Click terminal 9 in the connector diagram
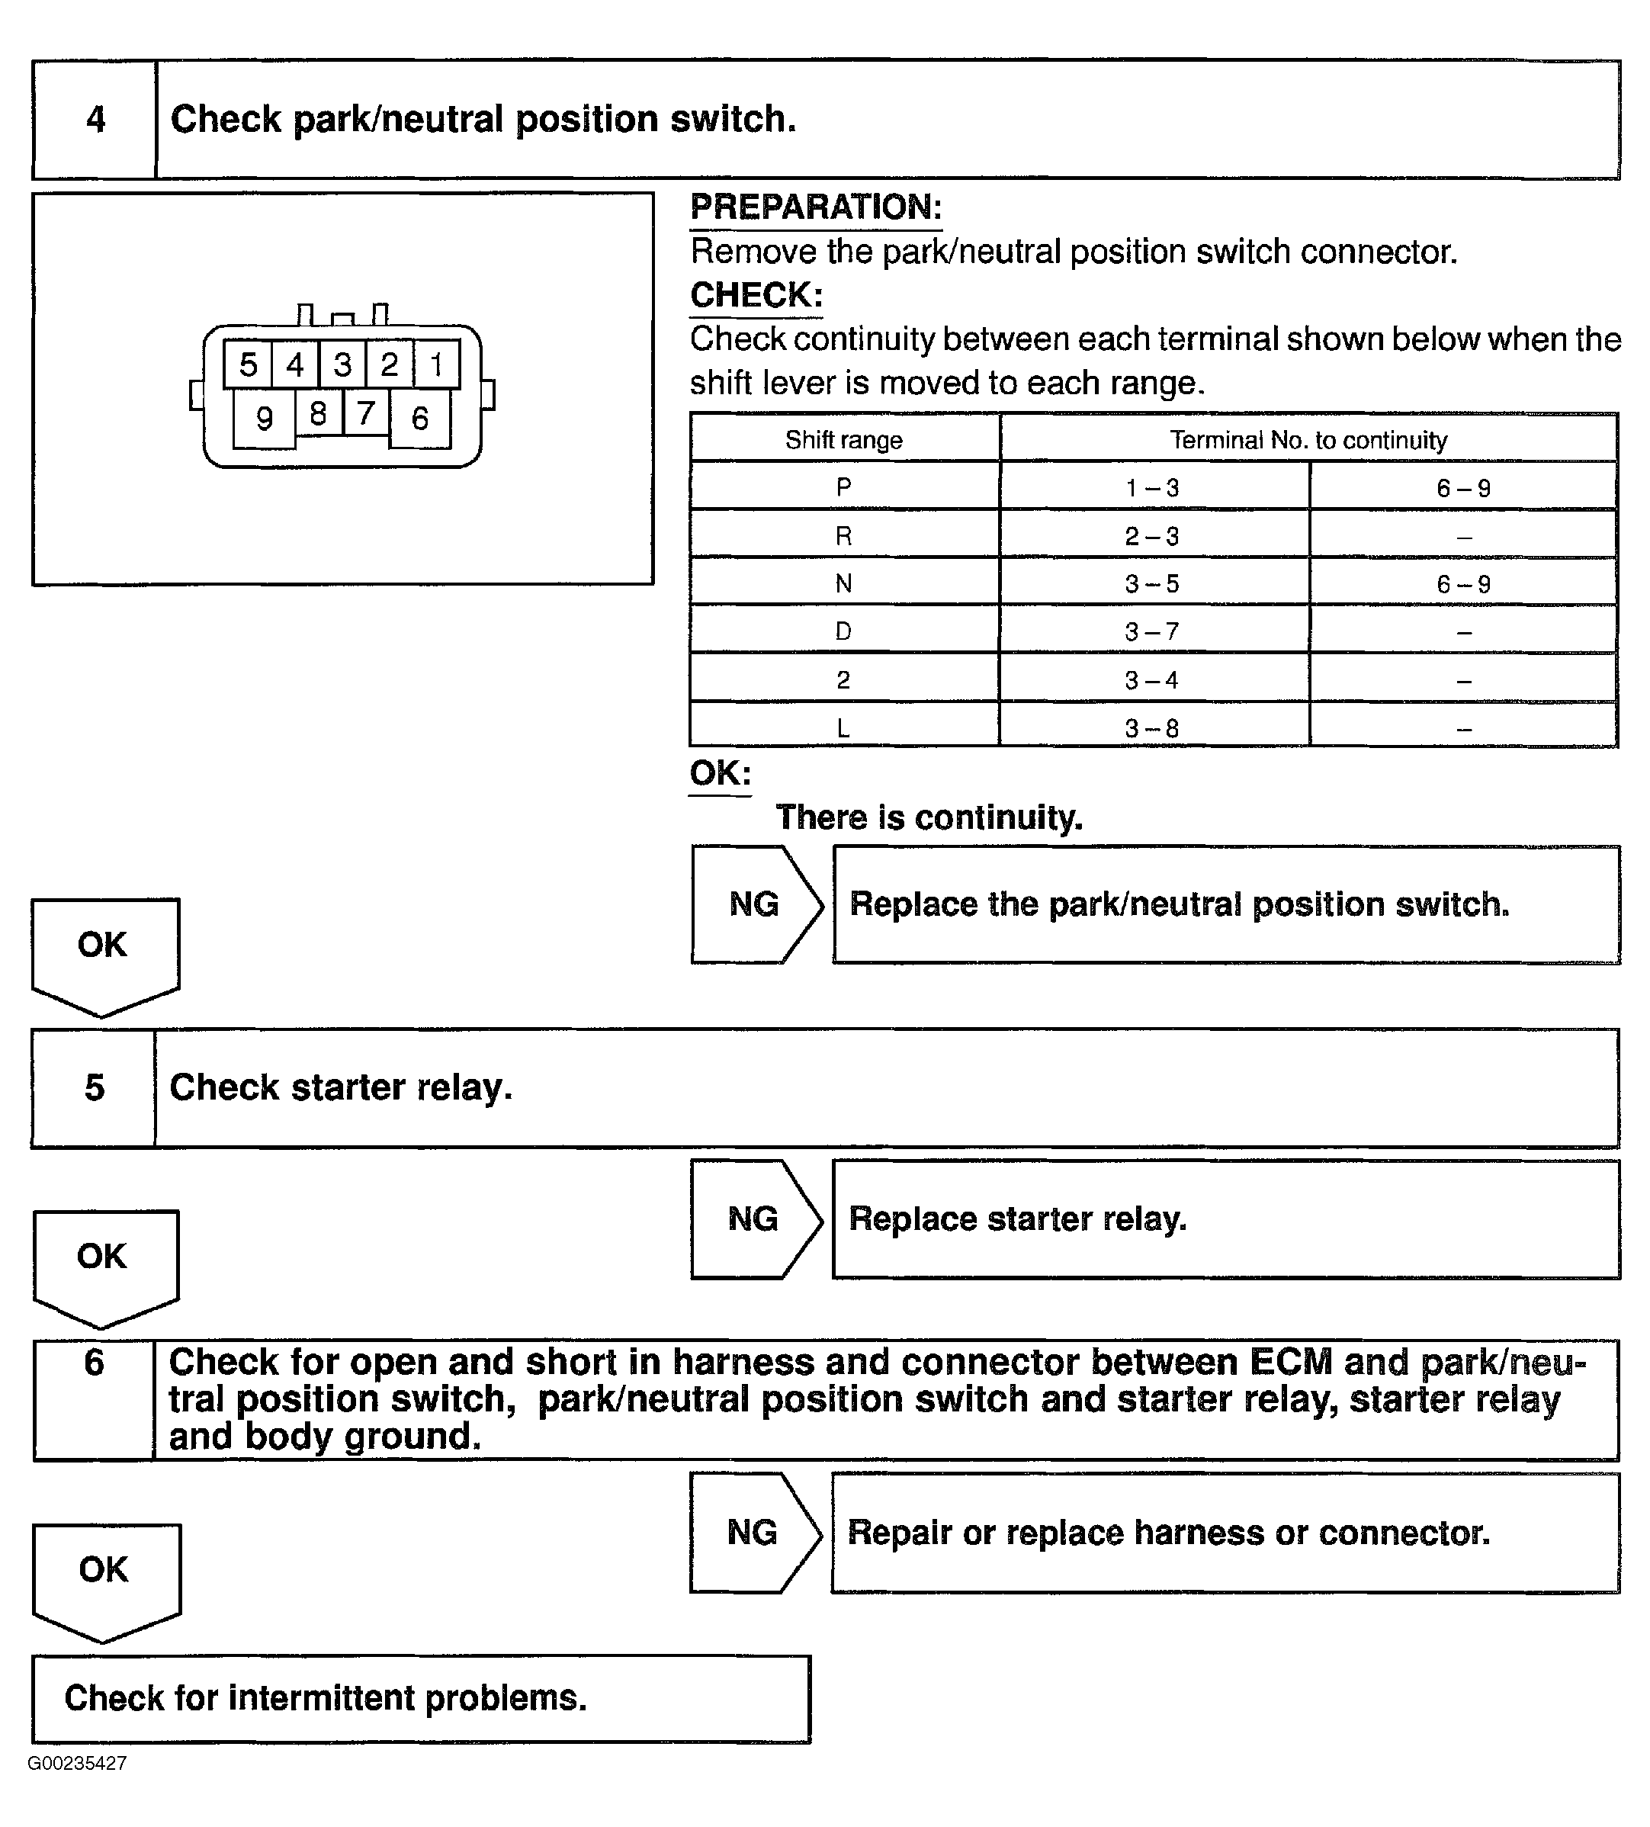[264, 419]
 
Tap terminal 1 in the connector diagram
[437, 364]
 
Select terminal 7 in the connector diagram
[366, 413]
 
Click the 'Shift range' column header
[843, 441]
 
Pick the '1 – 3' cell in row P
[1153, 489]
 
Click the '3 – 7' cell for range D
[1153, 631]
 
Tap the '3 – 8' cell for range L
[1153, 727]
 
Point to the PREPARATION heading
[816, 207]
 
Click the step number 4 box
[95, 120]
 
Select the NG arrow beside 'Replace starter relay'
[755, 1220]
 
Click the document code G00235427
[77, 1764]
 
